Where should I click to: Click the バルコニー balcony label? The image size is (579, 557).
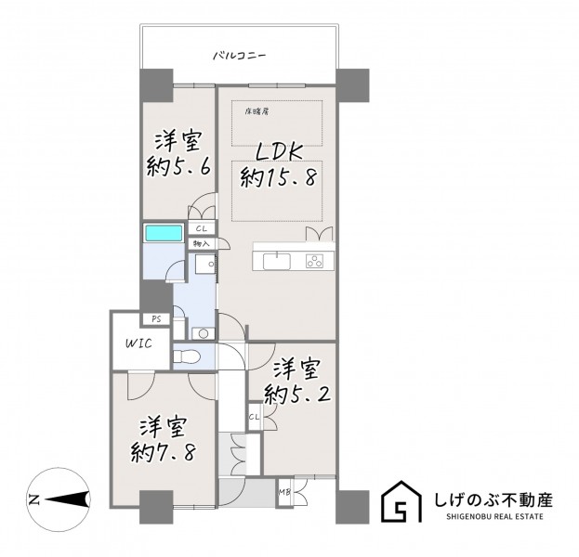coord(240,57)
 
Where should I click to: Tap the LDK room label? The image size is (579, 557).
coord(280,152)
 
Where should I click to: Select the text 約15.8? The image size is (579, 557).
coord(279,178)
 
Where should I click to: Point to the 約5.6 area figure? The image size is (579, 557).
coord(178,167)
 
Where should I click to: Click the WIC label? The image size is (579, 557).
coord(138,343)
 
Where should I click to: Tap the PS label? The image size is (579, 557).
coord(156,319)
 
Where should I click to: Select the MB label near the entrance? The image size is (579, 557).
coord(284,492)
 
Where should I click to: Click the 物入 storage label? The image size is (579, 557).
coord(202,244)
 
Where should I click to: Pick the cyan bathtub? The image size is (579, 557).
coord(164,233)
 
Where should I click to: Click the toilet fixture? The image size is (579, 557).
coord(187,356)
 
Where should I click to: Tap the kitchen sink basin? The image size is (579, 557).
coord(277,262)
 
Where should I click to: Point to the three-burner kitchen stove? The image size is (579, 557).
coord(315,261)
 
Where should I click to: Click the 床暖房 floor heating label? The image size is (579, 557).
coord(257,111)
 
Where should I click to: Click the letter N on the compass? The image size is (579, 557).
coord(34,499)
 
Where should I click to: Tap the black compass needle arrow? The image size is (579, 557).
coord(69,499)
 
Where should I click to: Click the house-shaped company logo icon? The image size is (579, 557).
coord(401,501)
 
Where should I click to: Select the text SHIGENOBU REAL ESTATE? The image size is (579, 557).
coord(494,516)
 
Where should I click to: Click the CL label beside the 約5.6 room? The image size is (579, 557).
coord(202,228)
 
